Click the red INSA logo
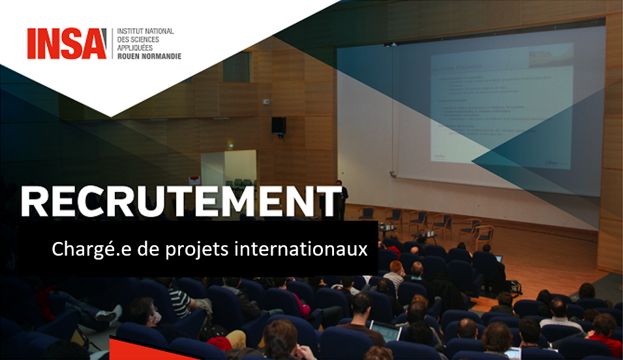pos(67,44)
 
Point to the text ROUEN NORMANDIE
pos(148,56)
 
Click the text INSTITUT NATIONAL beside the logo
pos(145,32)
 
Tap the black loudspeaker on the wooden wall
pos(279,125)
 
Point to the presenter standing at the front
pos(339,193)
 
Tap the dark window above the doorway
pos(237,67)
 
